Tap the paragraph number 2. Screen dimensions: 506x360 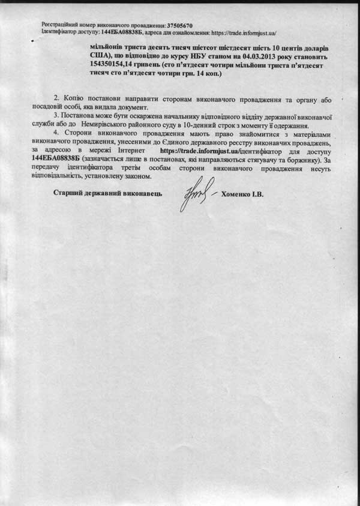click(x=57, y=98)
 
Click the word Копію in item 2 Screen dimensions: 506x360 click(x=74, y=98)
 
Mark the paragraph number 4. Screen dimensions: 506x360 click(x=57, y=137)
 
